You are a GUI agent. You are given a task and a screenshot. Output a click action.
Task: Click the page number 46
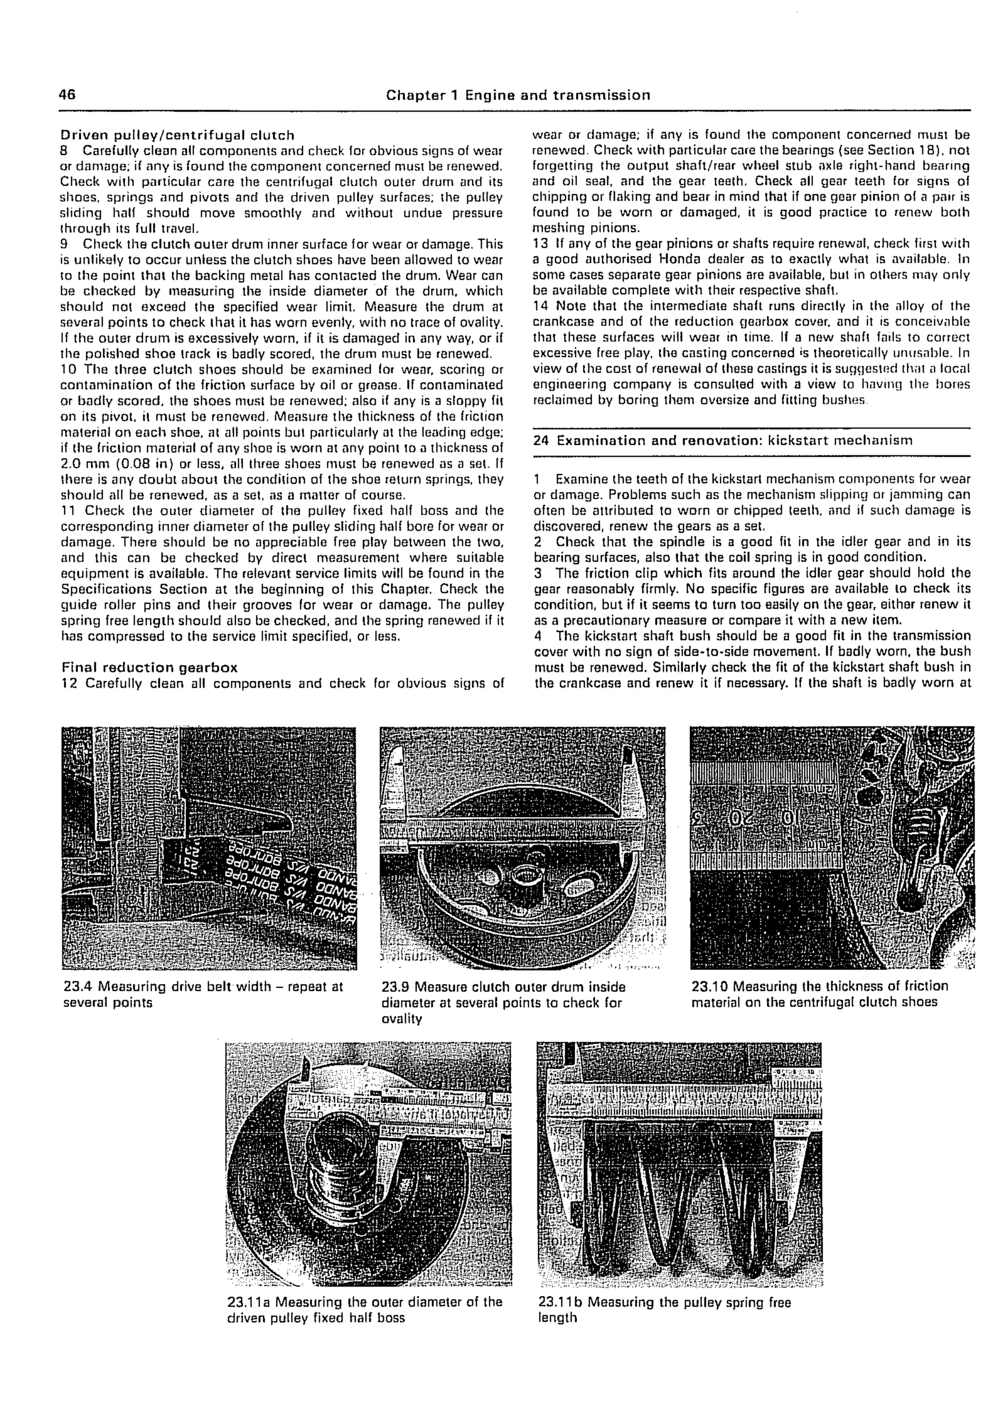(67, 95)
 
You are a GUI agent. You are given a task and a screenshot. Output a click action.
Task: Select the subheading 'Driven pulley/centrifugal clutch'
(177, 135)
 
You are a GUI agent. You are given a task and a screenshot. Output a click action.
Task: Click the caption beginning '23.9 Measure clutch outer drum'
(503, 1002)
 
